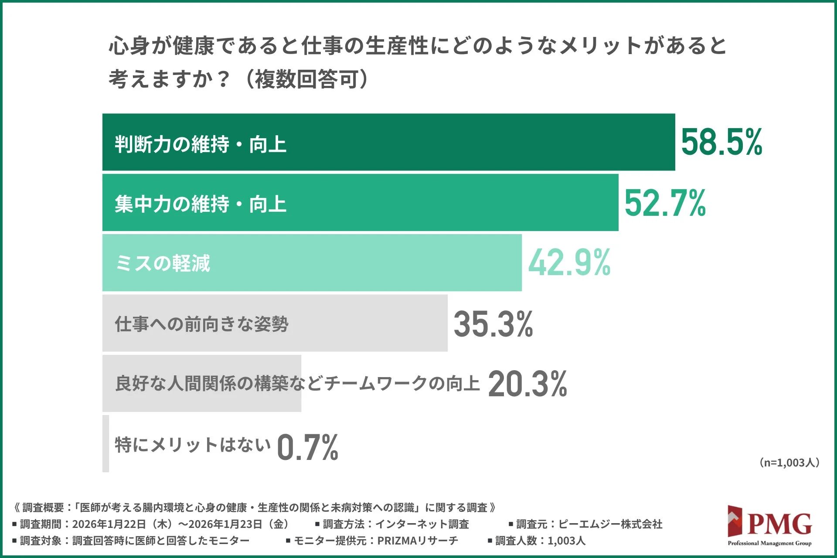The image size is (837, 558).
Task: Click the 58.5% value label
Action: pyautogui.click(x=721, y=142)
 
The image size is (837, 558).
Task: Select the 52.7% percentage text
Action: pyautogui.click(x=665, y=203)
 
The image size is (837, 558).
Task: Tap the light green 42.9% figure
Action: pyautogui.click(x=569, y=263)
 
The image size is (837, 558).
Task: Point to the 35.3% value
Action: pyautogui.click(x=493, y=324)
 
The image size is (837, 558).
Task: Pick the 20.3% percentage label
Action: pyautogui.click(x=527, y=384)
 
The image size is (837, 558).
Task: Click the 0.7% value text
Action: pyautogui.click(x=307, y=447)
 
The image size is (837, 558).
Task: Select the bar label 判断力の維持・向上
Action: pyautogui.click(x=201, y=144)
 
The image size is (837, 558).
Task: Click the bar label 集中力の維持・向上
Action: pyautogui.click(x=201, y=204)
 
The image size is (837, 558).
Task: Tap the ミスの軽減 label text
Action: pyautogui.click(x=163, y=263)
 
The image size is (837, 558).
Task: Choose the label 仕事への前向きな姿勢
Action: pyautogui.click(x=201, y=324)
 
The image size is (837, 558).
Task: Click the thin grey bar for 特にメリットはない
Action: pyautogui.click(x=105, y=444)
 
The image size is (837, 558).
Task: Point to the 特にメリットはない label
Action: pyautogui.click(x=192, y=445)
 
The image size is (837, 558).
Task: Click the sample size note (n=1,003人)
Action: pyautogui.click(x=789, y=463)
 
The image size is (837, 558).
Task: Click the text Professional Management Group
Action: pyautogui.click(x=769, y=543)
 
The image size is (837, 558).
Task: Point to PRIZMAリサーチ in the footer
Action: pyautogui.click(x=418, y=541)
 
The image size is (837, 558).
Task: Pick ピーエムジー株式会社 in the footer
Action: pyautogui.click(x=610, y=524)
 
